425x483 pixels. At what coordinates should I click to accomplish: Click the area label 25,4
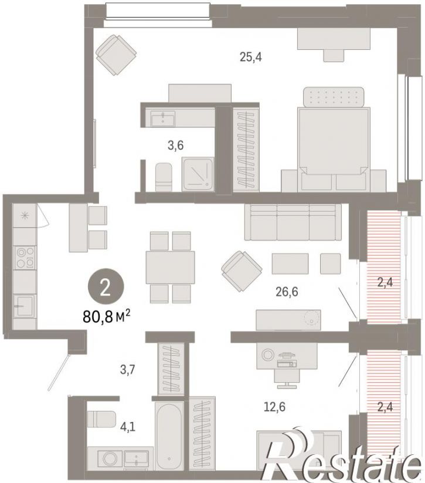(x=251, y=58)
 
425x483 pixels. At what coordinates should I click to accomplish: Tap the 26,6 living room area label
(x=287, y=292)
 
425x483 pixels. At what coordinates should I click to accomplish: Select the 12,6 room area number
(x=274, y=407)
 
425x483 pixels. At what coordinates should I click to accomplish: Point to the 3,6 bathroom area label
(x=176, y=145)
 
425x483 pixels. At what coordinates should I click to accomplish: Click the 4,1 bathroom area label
(x=128, y=427)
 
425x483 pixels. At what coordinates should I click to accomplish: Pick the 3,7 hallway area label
(x=128, y=369)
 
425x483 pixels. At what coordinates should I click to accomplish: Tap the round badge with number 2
(x=106, y=289)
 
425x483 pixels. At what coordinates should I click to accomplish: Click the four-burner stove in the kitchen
(x=25, y=258)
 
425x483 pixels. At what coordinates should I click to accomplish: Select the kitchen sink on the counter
(x=25, y=306)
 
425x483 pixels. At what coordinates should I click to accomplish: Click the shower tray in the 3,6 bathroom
(x=198, y=174)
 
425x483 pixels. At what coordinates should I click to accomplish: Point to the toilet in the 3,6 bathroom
(x=164, y=177)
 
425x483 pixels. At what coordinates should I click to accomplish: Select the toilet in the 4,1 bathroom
(x=101, y=419)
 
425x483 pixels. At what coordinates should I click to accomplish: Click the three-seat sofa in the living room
(x=293, y=222)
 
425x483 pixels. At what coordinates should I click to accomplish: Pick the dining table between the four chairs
(x=170, y=268)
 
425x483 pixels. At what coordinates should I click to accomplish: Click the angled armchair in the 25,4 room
(x=116, y=55)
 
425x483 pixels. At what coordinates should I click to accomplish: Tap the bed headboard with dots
(x=334, y=97)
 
